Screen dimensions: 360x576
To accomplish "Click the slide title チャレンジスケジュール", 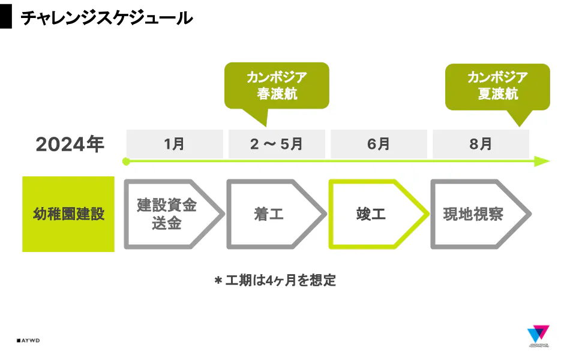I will coord(107,18).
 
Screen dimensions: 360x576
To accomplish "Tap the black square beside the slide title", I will coord(6,18).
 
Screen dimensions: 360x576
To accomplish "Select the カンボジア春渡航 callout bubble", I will coord(277,85).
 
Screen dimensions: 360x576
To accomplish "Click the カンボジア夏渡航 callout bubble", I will coord(497,86).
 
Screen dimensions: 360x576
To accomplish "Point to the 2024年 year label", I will coord(70,145).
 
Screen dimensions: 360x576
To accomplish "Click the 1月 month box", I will coord(175,144).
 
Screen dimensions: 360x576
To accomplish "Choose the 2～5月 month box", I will coord(277,144).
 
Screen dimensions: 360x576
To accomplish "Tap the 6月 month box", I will coord(379,144).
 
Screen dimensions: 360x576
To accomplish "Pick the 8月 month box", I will coord(481,144).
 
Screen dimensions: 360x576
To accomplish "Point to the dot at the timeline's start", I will coord(126,161).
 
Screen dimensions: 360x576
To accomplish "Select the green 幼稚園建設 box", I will coord(68,214).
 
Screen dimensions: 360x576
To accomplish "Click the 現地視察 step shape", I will coord(474,214).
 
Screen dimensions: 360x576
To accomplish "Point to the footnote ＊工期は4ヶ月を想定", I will coord(275,280).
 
